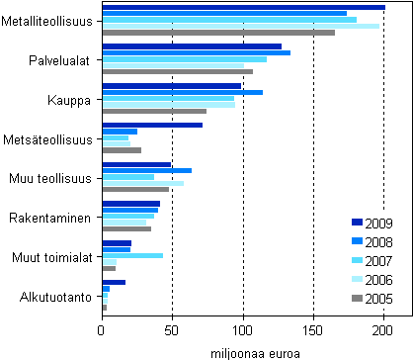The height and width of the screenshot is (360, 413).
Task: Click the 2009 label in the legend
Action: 380,223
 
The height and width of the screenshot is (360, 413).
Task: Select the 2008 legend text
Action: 380,241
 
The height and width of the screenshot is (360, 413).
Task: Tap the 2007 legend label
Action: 380,260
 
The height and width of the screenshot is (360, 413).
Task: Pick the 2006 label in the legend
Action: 380,280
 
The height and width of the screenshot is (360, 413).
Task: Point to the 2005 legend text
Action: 380,299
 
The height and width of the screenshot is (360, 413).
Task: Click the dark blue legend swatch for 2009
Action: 357,223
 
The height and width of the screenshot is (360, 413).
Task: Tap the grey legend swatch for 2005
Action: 357,299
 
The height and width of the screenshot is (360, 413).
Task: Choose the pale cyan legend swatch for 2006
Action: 357,280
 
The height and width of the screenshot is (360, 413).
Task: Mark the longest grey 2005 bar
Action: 218,33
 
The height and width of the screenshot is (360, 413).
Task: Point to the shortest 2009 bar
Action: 114,282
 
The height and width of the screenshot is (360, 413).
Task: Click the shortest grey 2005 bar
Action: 105,308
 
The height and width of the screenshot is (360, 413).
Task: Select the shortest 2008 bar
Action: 106,289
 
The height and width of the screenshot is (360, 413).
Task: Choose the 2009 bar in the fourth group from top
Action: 152,125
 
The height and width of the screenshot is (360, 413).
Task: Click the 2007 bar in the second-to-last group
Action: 132,255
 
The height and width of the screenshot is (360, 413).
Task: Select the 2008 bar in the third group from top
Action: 182,92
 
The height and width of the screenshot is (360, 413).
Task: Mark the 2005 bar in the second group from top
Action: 177,71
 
